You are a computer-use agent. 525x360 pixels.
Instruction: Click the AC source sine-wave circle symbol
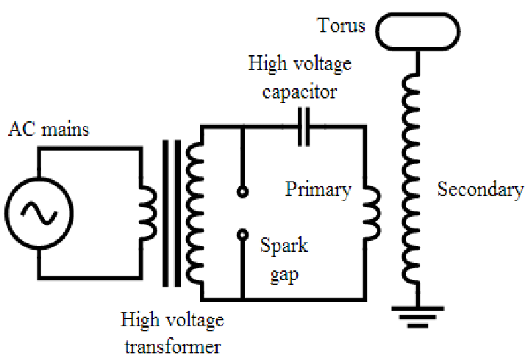pyautogui.click(x=39, y=213)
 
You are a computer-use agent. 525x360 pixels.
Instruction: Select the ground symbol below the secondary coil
pyautogui.click(x=418, y=317)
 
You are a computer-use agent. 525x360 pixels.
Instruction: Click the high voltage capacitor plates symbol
pyautogui.click(x=304, y=127)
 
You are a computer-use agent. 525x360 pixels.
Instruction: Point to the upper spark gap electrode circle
pyautogui.click(x=243, y=192)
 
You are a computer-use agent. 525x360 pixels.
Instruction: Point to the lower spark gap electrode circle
pyautogui.click(x=243, y=234)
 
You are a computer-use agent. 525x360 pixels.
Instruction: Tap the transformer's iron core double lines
pyautogui.click(x=172, y=214)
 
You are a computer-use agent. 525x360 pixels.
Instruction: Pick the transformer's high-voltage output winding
pyautogui.click(x=194, y=213)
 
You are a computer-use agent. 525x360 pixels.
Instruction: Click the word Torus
pyautogui.click(x=341, y=26)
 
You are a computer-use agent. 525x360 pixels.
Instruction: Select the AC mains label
pyautogui.click(x=49, y=129)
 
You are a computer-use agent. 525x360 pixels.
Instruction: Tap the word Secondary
pyautogui.click(x=480, y=190)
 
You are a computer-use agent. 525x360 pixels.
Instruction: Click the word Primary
pyautogui.click(x=318, y=190)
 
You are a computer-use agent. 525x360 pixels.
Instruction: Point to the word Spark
pyautogui.click(x=284, y=246)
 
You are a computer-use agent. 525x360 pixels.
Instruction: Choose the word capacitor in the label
pyautogui.click(x=299, y=92)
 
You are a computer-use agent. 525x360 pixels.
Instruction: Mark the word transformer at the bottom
pyautogui.click(x=173, y=347)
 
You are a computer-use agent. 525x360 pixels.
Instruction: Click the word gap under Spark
pyautogui.click(x=285, y=276)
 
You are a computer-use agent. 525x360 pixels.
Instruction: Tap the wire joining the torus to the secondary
pyautogui.click(x=418, y=62)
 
